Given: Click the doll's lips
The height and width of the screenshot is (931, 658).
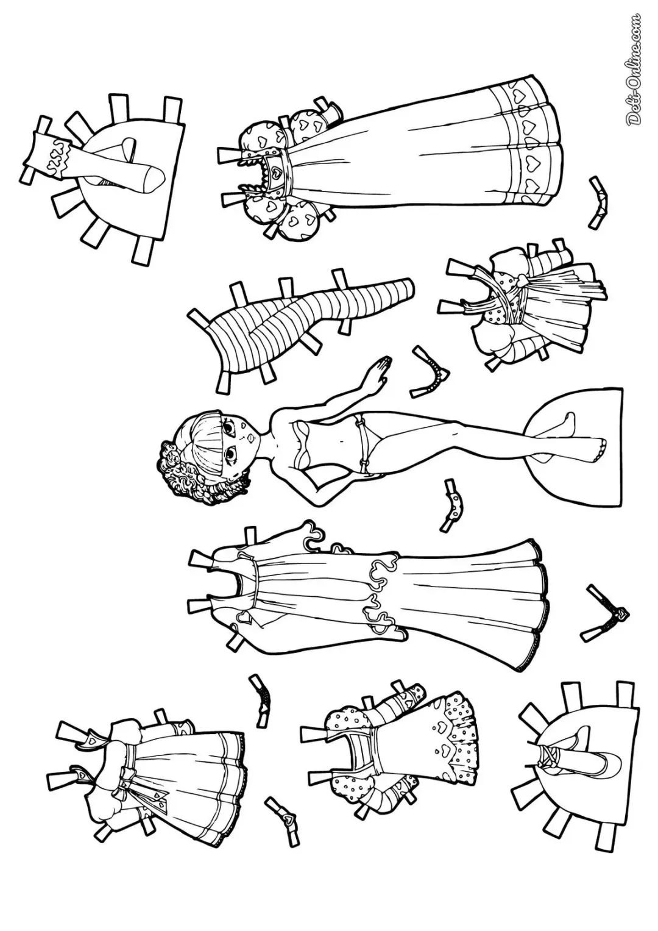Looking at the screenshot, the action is click(x=249, y=437).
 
